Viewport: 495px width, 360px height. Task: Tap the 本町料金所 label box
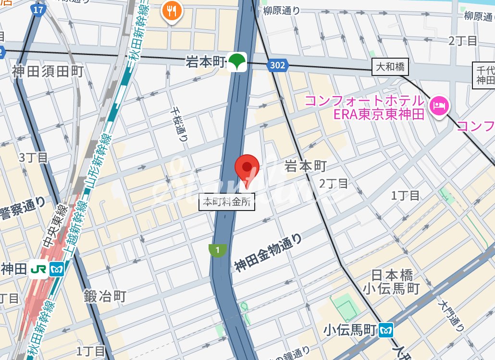pos(227,202)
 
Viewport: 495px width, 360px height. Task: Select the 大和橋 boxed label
pos(390,67)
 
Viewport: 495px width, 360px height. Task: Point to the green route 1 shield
pos(218,250)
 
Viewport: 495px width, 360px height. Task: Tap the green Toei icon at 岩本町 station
pos(236,62)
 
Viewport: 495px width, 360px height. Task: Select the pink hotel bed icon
pos(438,105)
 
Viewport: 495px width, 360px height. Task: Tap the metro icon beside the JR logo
pos(57,270)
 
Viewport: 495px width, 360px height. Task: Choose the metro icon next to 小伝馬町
pos(386,330)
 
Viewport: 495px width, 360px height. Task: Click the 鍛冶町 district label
pos(105,296)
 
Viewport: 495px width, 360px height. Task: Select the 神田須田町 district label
pos(48,72)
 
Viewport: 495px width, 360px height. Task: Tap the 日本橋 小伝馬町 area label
pos(392,282)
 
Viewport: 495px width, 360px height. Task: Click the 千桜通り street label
pos(178,124)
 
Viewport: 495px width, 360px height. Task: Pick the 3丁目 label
pos(33,157)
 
